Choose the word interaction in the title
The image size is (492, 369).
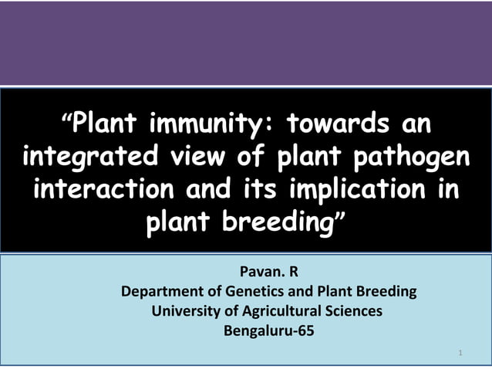110,190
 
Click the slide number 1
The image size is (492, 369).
460,354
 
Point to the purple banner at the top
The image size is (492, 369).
246,42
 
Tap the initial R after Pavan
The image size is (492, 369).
292,273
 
